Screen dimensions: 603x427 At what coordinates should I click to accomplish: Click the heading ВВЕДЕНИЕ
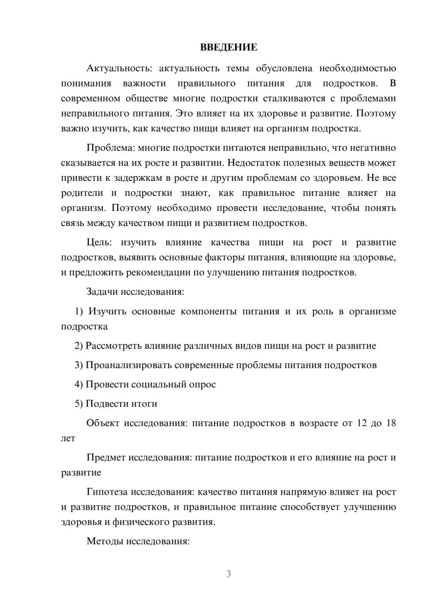[228, 47]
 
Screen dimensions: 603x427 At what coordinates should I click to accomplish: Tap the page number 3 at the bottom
[228, 574]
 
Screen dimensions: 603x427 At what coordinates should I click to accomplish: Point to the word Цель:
[99, 243]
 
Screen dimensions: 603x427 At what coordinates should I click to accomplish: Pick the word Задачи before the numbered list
[102, 292]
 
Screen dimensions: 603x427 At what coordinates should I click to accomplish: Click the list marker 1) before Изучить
[79, 311]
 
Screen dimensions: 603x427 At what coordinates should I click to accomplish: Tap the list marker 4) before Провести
[79, 384]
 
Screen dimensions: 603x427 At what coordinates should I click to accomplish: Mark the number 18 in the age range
[391, 423]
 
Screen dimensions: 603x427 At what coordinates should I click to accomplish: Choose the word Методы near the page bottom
[103, 541]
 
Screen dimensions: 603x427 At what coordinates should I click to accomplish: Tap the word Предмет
[106, 458]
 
